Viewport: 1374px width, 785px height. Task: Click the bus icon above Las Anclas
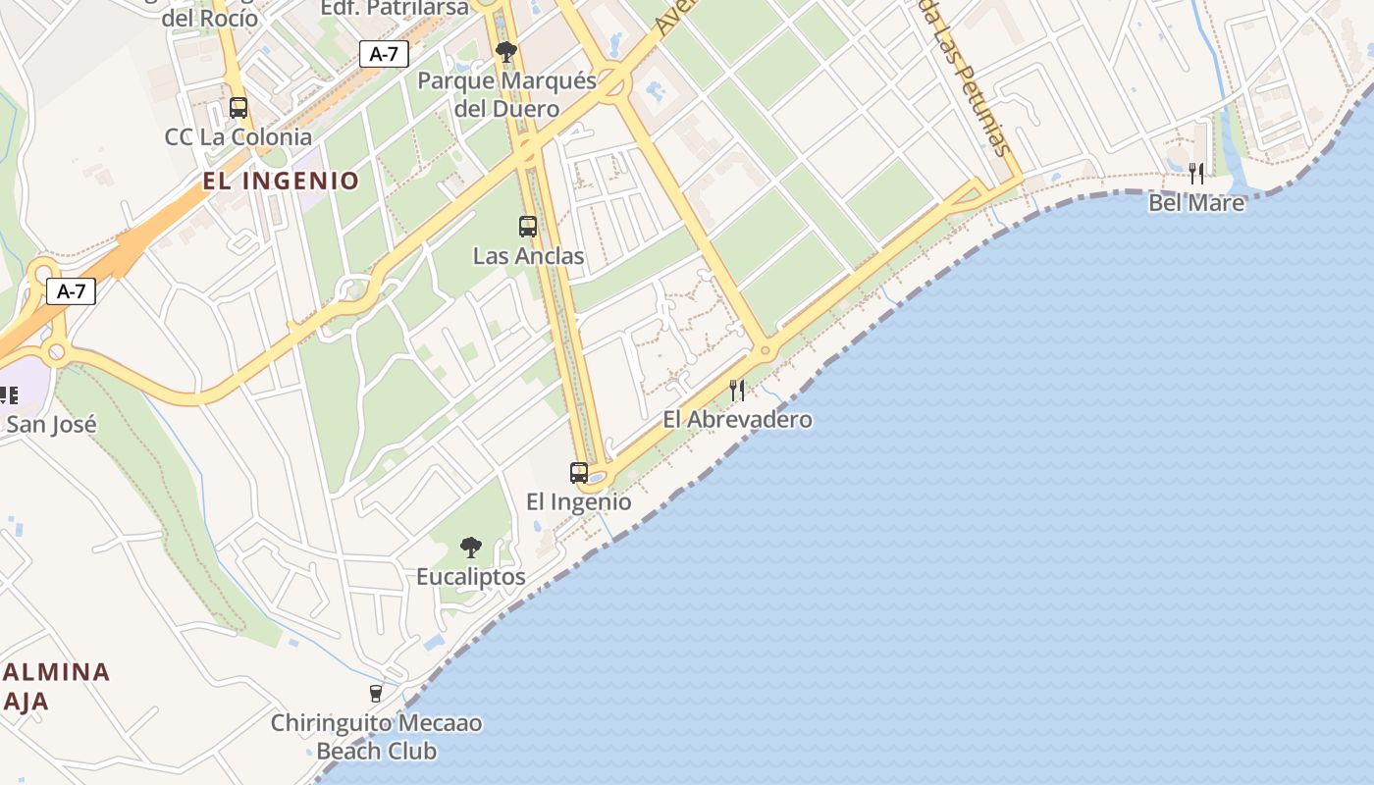tap(528, 227)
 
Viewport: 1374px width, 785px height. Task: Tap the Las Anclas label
tap(528, 256)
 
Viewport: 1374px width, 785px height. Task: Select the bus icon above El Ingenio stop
tap(579, 473)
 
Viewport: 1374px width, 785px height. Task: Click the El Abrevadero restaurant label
tap(737, 419)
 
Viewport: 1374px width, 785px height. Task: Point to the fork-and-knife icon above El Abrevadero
tap(737, 391)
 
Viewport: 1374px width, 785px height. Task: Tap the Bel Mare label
tap(1196, 203)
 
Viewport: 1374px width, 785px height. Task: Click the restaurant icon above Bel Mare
tap(1196, 174)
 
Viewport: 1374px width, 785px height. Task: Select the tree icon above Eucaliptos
tap(471, 548)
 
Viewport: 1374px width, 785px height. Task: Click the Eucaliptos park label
tap(471, 577)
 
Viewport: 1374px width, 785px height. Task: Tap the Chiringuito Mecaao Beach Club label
tap(377, 737)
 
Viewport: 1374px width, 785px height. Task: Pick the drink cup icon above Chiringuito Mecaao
tap(376, 694)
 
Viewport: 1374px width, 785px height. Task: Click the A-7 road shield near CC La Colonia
tap(384, 54)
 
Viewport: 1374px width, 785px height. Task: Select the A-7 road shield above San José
tap(71, 290)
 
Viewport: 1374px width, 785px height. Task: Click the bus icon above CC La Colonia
tap(238, 108)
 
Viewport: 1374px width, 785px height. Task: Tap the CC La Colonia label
tap(238, 137)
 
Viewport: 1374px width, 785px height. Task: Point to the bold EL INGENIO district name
tap(282, 181)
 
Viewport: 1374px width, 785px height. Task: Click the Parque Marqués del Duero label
tap(506, 94)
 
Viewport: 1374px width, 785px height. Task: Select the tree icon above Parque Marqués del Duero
tap(506, 51)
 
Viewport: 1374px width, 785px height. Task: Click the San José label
tap(51, 424)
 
